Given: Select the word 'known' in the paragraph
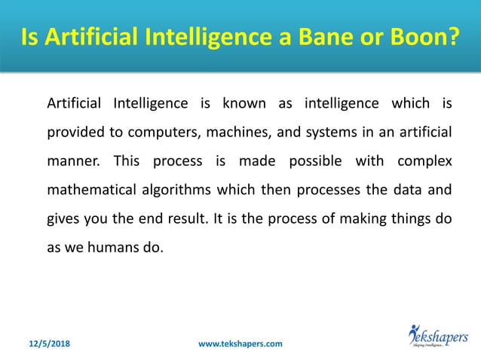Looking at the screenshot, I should (238, 102).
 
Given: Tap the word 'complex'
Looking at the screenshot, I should (425, 161).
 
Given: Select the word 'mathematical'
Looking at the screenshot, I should (88, 191).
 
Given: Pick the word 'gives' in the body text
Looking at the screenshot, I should (63, 220).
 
